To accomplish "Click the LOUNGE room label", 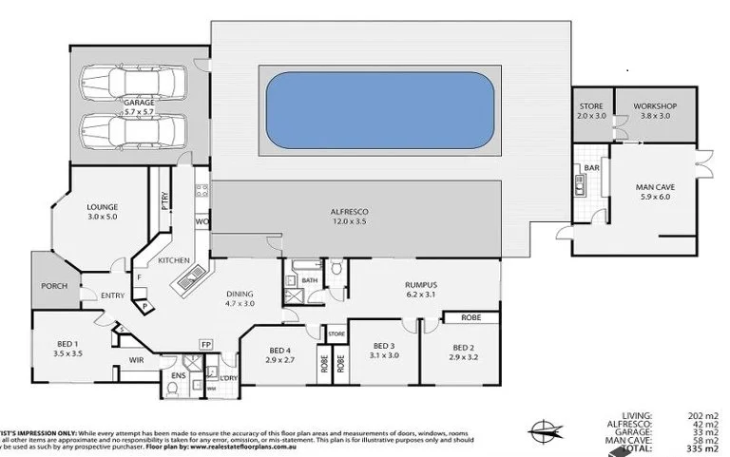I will [x=101, y=205].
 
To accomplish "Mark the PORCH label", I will [x=53, y=285].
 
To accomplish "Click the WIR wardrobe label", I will [x=136, y=361].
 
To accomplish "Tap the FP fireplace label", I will [x=204, y=344].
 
